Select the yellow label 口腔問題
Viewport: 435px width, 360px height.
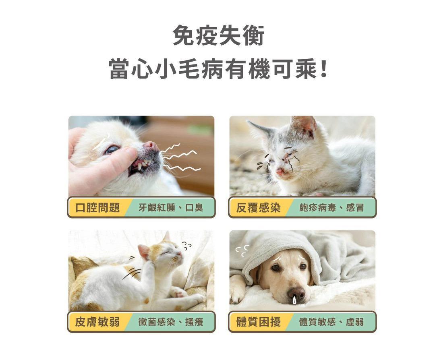coord(98,208)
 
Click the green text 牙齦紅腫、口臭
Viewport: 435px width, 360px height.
coord(171,208)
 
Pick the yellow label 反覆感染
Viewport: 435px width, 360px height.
coord(259,208)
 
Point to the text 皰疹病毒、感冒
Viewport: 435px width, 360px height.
coord(331,208)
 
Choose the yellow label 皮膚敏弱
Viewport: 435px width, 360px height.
coord(97,322)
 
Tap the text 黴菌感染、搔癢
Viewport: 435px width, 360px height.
coord(171,322)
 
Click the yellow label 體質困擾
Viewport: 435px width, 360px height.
coord(259,322)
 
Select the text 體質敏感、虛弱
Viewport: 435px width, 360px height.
coord(331,322)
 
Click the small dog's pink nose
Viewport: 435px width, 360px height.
coord(151,145)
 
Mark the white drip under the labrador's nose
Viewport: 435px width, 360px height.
coord(294,300)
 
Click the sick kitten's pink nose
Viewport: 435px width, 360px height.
coord(280,172)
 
